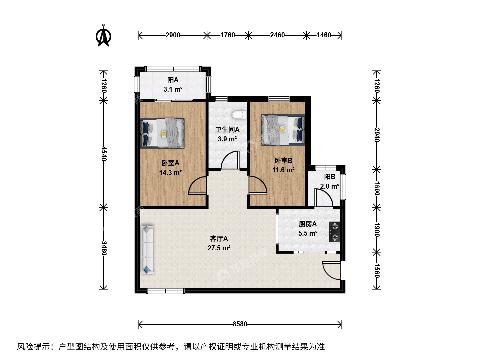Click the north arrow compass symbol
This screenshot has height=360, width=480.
(x=103, y=36)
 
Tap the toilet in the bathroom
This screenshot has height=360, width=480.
(x=239, y=115)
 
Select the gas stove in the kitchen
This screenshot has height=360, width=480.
(x=334, y=232)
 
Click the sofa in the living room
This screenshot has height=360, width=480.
(x=147, y=250)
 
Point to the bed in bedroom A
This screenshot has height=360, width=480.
(x=162, y=133)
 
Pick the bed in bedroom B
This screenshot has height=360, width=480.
(x=283, y=130)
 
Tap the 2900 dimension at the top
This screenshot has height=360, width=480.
(x=173, y=35)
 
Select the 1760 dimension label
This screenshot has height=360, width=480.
(x=228, y=35)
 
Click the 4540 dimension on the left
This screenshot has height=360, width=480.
(x=104, y=154)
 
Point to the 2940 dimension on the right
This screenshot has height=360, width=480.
(x=377, y=135)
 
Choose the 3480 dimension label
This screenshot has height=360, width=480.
(x=104, y=248)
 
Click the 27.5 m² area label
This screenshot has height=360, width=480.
(x=219, y=248)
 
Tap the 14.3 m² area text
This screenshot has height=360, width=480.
(x=170, y=173)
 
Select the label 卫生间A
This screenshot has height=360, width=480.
(x=227, y=130)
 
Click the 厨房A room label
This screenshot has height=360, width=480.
(x=308, y=224)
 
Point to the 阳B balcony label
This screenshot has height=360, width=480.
(x=330, y=177)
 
